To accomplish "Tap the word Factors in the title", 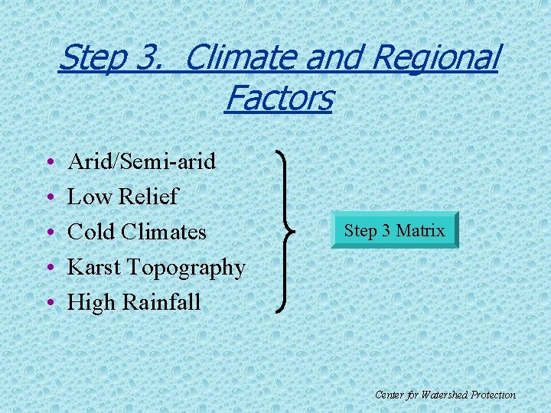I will point(279,98).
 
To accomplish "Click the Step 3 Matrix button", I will point(395,230).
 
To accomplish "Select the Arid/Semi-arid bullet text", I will point(142,161).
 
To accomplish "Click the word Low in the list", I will point(90,197).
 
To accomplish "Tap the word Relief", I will point(148,197).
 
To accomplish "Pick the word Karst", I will point(95,267).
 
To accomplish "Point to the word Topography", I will point(186,268).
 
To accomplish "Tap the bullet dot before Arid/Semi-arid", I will point(49,163).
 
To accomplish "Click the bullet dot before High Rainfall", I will point(49,304).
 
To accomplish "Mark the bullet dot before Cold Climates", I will point(49,233).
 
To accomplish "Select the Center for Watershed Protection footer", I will point(445,395).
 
